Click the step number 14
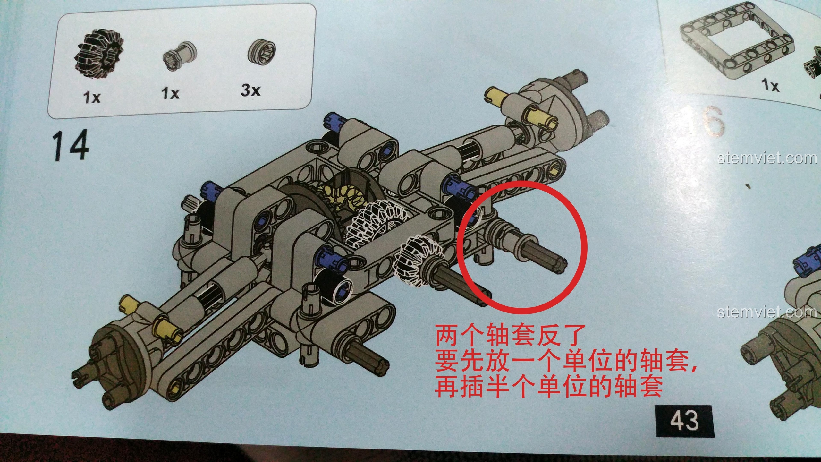point(70,145)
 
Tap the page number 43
point(683,420)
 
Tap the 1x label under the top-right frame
point(770,85)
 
